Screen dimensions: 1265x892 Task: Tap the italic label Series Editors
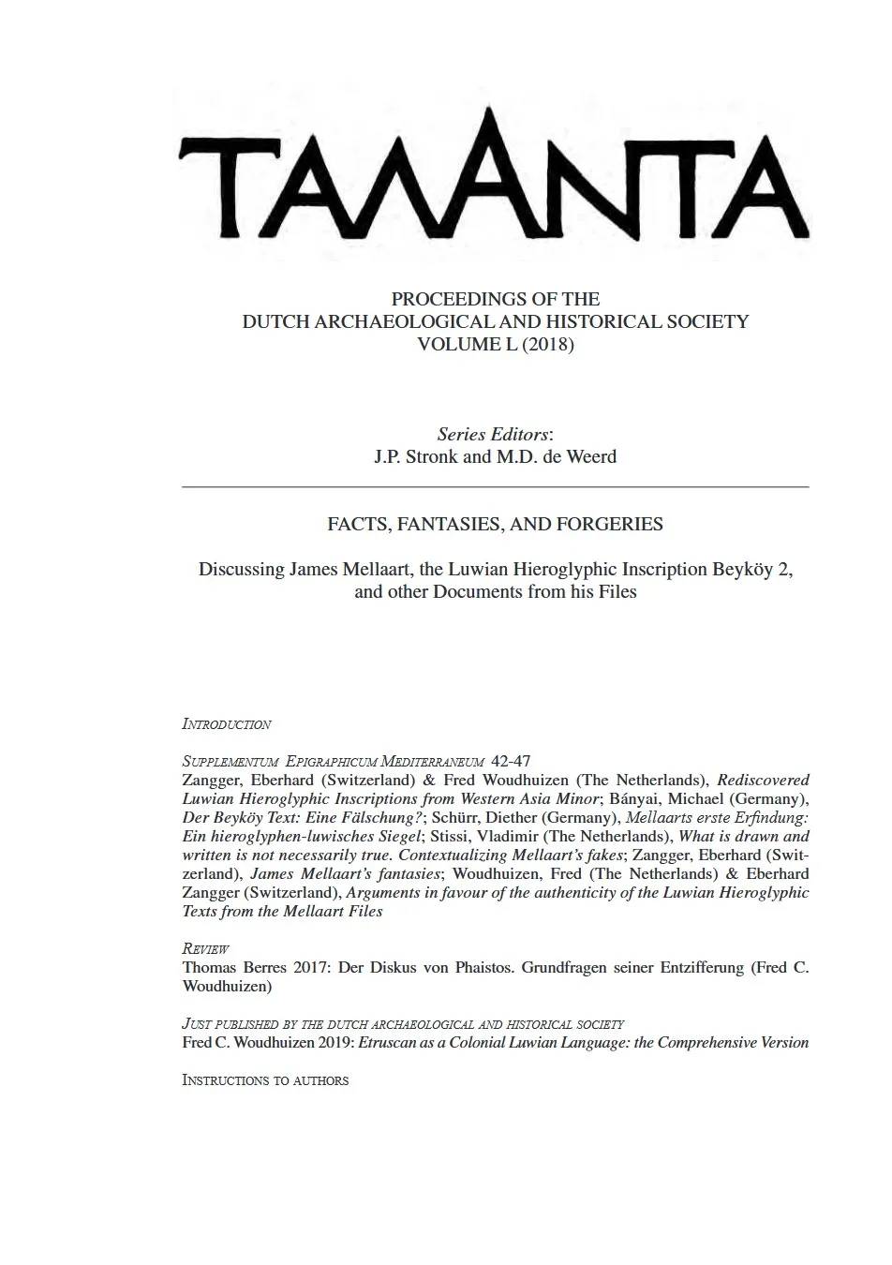click(x=493, y=435)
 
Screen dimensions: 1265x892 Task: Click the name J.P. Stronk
click(x=416, y=457)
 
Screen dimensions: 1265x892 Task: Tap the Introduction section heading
click(x=227, y=724)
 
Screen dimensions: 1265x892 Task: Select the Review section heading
click(x=206, y=949)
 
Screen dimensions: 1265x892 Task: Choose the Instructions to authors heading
click(x=265, y=1080)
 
